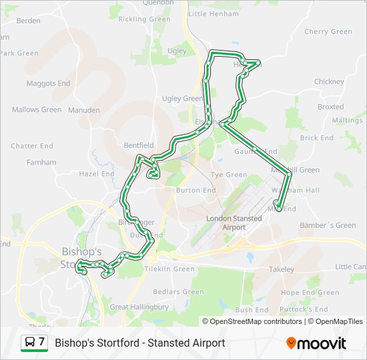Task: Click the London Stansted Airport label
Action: pyautogui.click(x=226, y=223)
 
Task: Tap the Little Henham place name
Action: pyautogui.click(x=214, y=13)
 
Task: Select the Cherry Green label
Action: pyautogui.click(x=328, y=31)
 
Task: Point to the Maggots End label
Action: pyautogui.click(x=48, y=83)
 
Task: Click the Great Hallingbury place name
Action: pyautogui.click(x=139, y=307)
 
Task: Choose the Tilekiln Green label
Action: pyautogui.click(x=169, y=269)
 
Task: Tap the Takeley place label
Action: pyautogui.click(x=282, y=269)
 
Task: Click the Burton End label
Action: pyautogui.click(x=196, y=190)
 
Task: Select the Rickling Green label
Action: pyautogui.click(x=144, y=19)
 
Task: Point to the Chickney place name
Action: pyautogui.click(x=328, y=81)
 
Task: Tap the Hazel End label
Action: pyautogui.click(x=97, y=174)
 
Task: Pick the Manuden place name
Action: pyautogui.click(x=83, y=110)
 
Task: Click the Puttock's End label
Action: pyautogui.click(x=304, y=309)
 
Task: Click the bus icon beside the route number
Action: pyautogui.click(x=30, y=343)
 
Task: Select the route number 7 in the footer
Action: pyautogui.click(x=42, y=343)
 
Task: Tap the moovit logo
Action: pyautogui.click(x=316, y=343)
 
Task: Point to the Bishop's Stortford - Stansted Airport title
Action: pyautogui.click(x=139, y=343)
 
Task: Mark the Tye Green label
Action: pyautogui.click(x=229, y=175)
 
